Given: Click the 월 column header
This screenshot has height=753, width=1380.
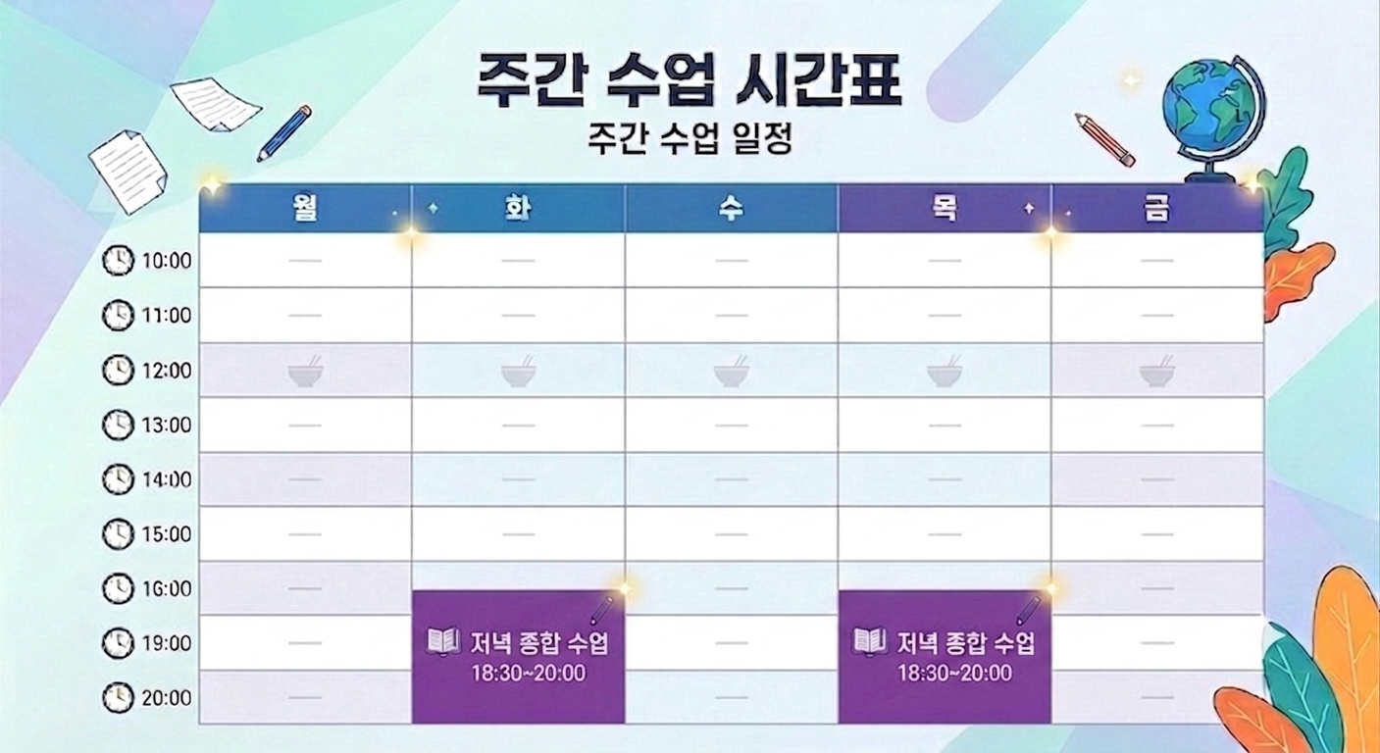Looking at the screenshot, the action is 305,208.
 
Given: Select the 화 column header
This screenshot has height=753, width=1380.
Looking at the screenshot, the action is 518,208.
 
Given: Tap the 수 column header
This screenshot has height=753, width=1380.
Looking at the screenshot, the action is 732,208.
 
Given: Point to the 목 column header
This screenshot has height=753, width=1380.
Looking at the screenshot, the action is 945,208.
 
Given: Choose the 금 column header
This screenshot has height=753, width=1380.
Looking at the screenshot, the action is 1157,208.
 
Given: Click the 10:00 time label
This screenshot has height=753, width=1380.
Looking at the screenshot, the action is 167,261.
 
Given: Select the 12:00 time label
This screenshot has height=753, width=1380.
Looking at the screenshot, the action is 167,371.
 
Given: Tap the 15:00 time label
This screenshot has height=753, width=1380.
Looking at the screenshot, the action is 167,533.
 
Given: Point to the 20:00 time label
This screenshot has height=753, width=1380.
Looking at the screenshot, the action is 167,697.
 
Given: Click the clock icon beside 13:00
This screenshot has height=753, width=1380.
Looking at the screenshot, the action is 118,425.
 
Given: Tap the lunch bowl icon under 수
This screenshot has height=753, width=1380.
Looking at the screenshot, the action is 732,371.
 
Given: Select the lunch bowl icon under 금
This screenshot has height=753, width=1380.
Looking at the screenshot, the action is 1157,371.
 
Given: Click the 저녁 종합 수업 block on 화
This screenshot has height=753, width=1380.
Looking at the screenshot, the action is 518,656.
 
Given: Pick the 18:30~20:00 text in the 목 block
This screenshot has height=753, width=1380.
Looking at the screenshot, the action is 955,673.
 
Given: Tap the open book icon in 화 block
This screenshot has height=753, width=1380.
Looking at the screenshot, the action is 443,642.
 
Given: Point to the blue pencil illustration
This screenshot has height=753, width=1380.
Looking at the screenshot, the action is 284,133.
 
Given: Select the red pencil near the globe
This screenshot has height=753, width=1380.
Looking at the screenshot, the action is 1104,140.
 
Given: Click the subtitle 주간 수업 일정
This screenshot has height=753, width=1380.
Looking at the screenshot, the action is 690,138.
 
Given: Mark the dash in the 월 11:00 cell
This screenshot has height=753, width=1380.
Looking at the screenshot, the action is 305,316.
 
